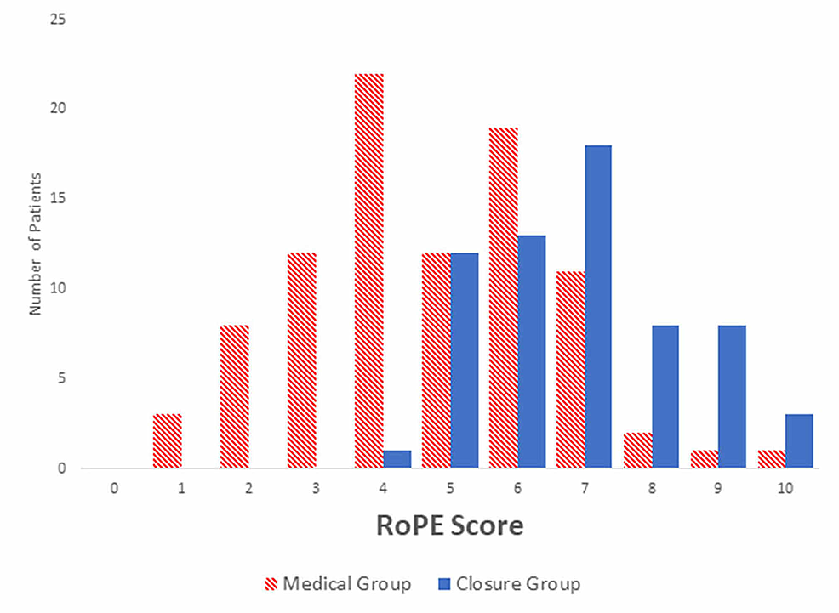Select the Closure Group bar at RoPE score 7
coord(598,306)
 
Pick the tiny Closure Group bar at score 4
coord(397,459)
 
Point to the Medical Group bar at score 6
coord(504,298)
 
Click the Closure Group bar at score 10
coord(799,440)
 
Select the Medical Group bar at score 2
coord(235,396)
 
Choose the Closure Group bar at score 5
coord(465,360)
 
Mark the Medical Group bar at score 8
coord(637,450)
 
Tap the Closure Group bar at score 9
coord(732,396)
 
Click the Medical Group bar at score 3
coord(302,360)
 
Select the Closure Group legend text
coord(518,584)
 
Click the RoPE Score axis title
coord(449,526)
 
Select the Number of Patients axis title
coord(36,244)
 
